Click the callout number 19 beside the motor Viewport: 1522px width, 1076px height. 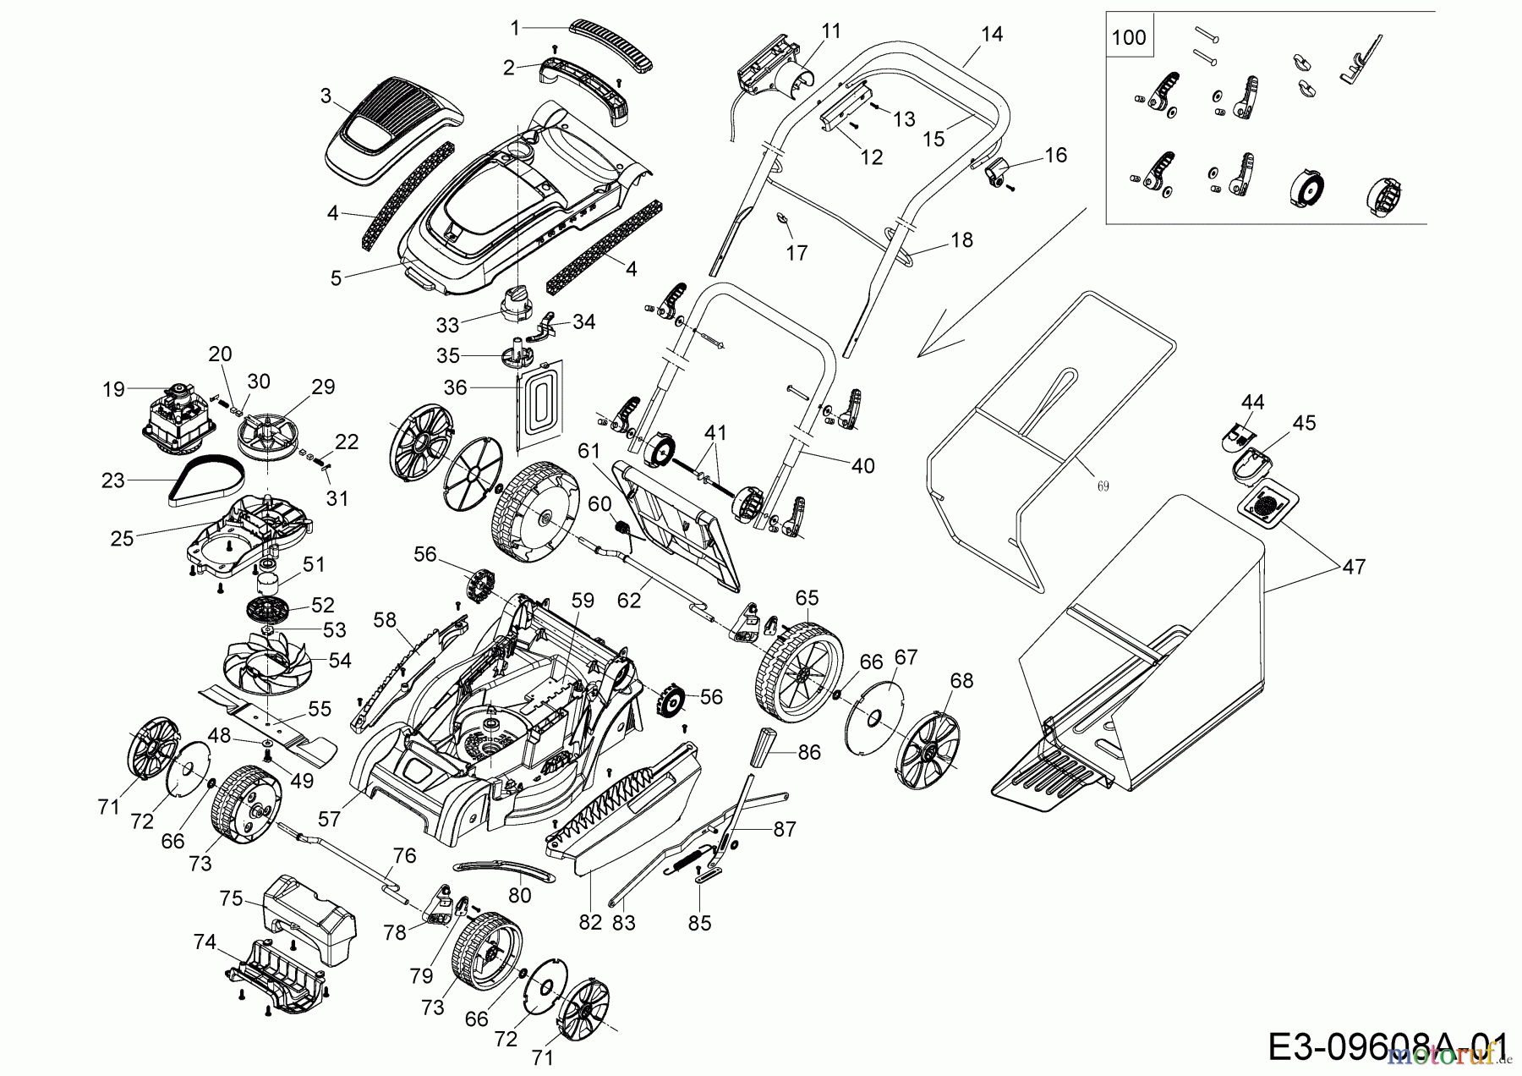(112, 389)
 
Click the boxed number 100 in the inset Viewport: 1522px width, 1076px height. (1129, 37)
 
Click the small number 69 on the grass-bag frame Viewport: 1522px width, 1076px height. (1103, 486)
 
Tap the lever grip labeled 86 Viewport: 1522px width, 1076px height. (766, 744)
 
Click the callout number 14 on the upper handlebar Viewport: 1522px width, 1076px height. (992, 34)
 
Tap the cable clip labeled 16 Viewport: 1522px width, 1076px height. (997, 173)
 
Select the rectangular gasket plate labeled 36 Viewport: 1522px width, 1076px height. (539, 402)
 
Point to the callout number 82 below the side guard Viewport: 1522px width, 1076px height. (589, 922)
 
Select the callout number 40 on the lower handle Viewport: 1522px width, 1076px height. (862, 466)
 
